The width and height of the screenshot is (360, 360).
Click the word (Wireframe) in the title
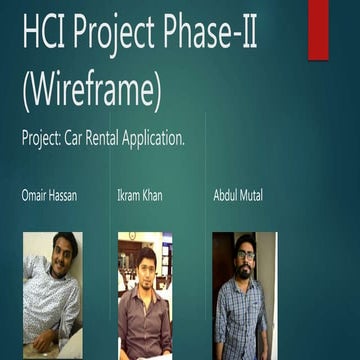coord(91,90)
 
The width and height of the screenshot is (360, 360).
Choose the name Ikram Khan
coord(141,197)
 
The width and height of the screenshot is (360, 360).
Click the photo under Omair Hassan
coord(52,294)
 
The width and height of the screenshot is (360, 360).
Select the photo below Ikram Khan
coord(145,294)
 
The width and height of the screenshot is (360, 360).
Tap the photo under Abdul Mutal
coord(244,294)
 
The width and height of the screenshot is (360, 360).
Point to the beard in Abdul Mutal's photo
coord(245,269)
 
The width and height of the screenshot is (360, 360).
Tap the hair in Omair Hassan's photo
coord(64,239)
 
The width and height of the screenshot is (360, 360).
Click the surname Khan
coord(152,197)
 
